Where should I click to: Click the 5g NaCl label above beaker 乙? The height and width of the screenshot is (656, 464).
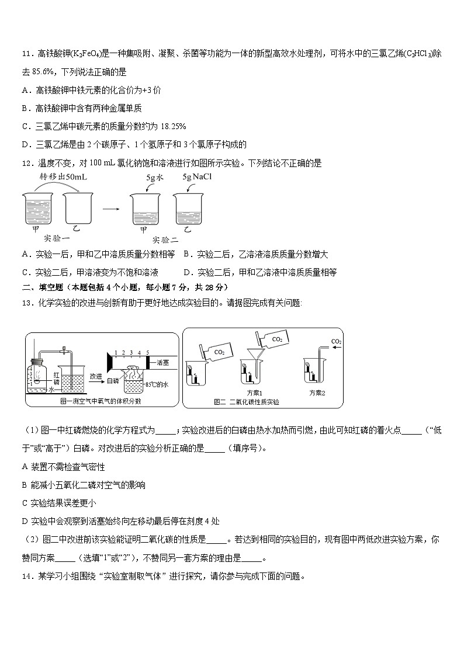196,176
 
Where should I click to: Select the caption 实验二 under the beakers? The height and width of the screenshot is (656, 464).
165,240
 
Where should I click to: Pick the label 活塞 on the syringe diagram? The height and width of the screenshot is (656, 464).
163,362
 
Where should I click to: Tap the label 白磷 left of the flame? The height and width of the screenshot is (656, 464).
112,380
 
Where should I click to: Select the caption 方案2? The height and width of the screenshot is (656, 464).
317,393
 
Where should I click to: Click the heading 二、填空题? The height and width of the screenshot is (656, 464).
44,287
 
